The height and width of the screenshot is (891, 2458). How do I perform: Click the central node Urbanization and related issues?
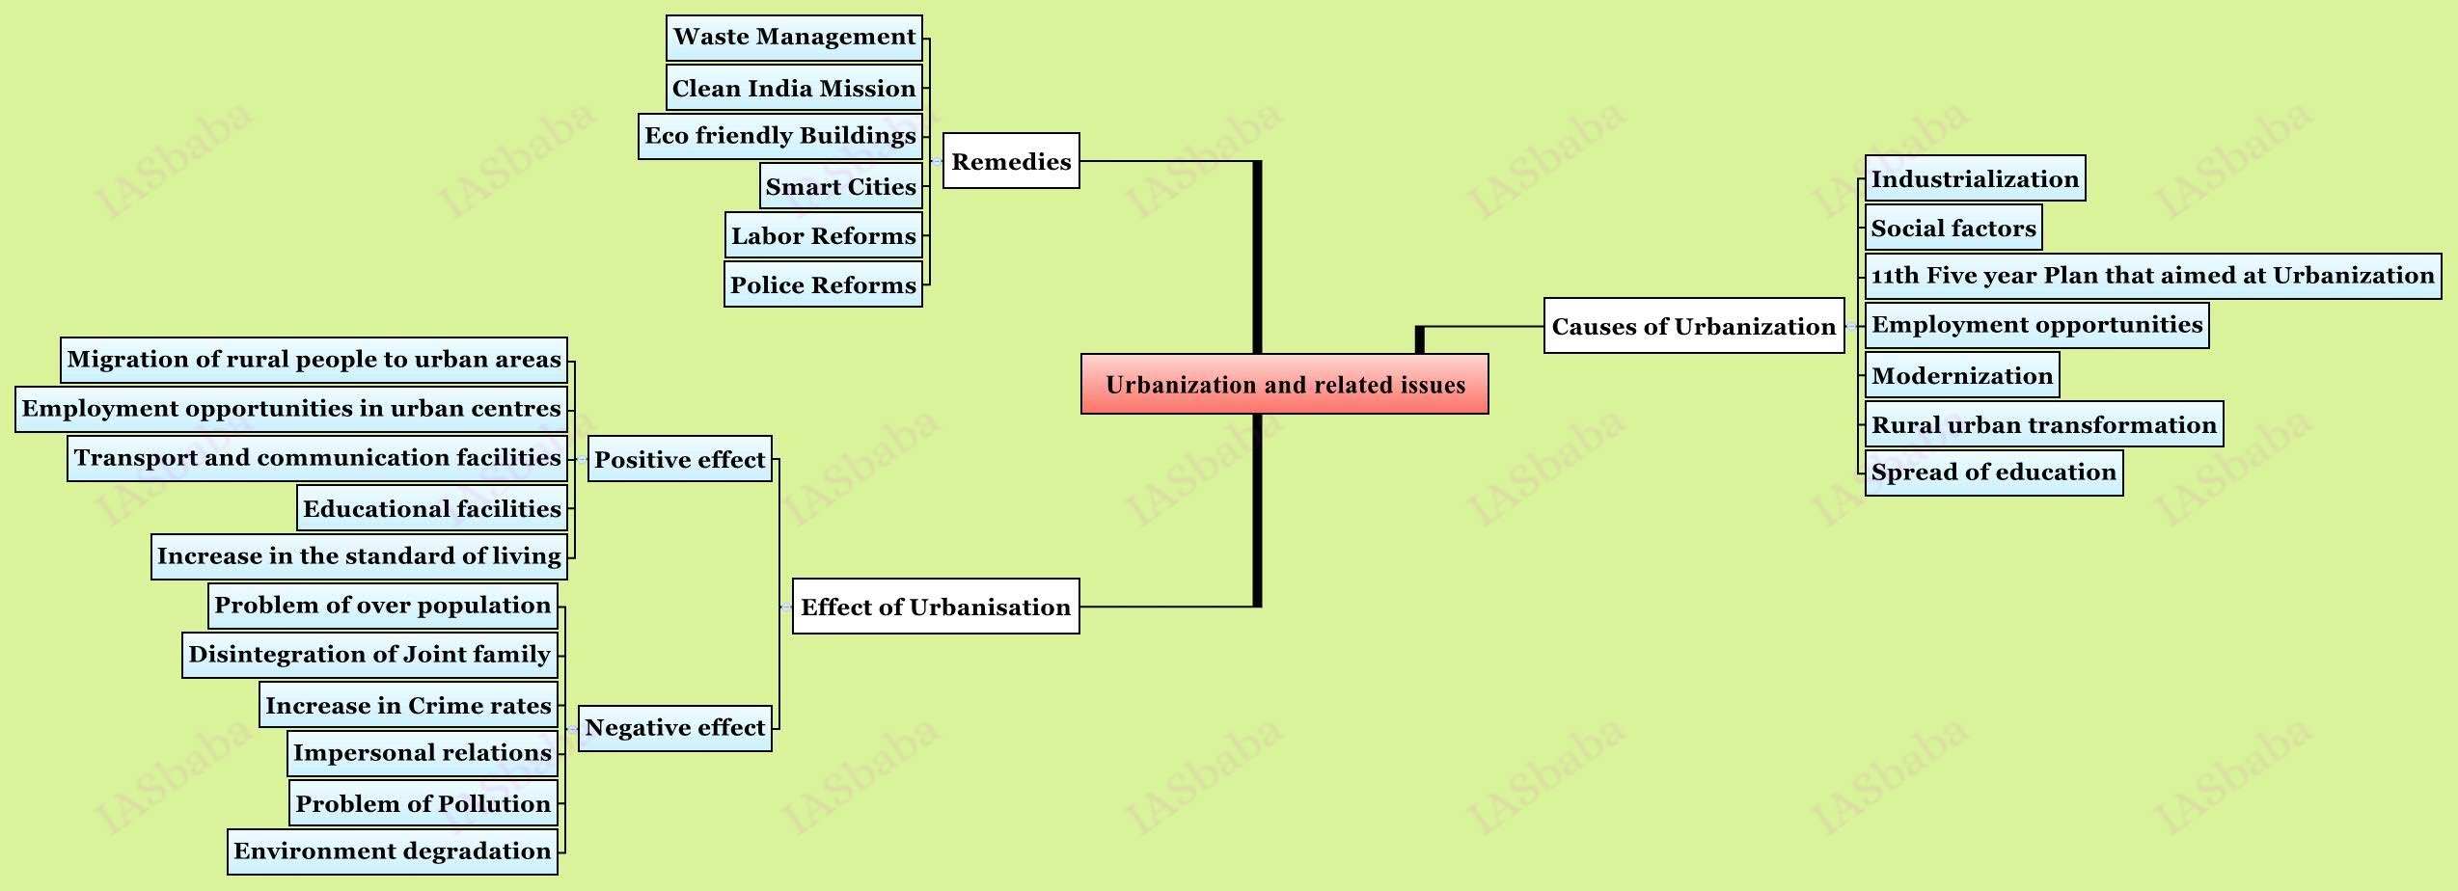click(x=1284, y=384)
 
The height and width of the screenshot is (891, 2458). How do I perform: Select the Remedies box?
click(x=1010, y=161)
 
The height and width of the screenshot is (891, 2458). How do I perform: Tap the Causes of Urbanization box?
click(x=1693, y=326)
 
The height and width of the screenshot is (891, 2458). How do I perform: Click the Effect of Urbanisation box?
click(x=935, y=607)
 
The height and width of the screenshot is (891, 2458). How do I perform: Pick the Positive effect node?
click(x=679, y=459)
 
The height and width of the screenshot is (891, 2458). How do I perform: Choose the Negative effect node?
click(x=674, y=728)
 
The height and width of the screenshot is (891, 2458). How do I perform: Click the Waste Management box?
click(x=794, y=38)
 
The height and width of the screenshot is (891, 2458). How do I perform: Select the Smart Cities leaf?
click(x=840, y=186)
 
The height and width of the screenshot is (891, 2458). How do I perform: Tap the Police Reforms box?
click(x=823, y=284)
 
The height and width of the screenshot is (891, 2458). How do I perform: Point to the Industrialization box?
click(x=1975, y=178)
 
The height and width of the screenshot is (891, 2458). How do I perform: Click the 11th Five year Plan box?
click(x=2152, y=276)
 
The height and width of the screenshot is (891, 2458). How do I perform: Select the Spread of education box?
click(x=1993, y=472)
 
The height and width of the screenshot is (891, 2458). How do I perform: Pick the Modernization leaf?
click(x=1961, y=375)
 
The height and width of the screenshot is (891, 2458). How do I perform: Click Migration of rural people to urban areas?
click(x=314, y=360)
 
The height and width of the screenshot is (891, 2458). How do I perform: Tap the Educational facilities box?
click(x=431, y=508)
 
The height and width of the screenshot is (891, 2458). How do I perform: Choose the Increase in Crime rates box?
click(x=408, y=705)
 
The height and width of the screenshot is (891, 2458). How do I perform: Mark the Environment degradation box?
click(x=392, y=851)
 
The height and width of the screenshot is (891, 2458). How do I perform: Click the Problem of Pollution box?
click(x=423, y=803)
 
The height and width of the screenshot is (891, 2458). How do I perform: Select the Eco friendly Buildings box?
click(x=779, y=136)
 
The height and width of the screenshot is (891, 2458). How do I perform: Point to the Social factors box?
click(x=1953, y=228)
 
